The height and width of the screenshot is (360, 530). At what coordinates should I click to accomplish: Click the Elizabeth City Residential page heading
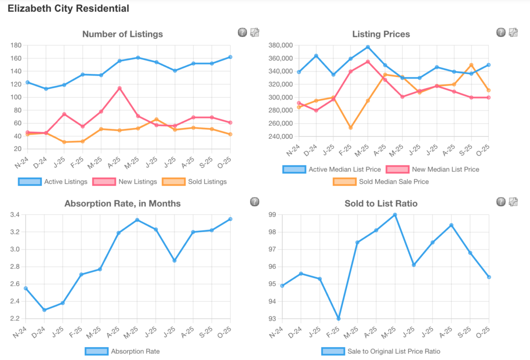click(68, 9)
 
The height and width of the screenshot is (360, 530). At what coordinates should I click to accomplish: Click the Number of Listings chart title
click(123, 34)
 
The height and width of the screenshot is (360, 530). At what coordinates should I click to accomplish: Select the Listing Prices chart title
click(381, 34)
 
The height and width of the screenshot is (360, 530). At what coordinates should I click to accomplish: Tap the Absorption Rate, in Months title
click(123, 204)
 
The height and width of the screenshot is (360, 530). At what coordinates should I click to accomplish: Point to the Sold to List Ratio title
click(381, 204)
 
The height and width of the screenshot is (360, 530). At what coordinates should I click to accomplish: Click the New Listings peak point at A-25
click(120, 88)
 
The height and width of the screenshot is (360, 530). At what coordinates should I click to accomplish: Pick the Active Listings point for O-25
click(230, 57)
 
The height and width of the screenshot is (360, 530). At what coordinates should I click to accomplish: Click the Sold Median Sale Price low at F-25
click(351, 127)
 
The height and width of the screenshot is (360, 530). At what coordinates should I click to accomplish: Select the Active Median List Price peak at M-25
click(367, 47)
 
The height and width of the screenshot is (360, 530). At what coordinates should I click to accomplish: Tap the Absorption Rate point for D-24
click(45, 310)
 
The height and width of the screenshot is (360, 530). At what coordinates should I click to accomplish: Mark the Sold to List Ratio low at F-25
click(338, 319)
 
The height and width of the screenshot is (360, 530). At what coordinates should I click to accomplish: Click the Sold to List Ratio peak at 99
click(395, 214)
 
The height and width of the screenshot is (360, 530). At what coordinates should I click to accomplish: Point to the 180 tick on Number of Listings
click(16, 46)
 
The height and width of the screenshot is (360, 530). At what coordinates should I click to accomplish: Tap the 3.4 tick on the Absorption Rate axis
click(14, 214)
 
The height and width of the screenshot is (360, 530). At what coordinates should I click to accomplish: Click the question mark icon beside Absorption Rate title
click(254, 201)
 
